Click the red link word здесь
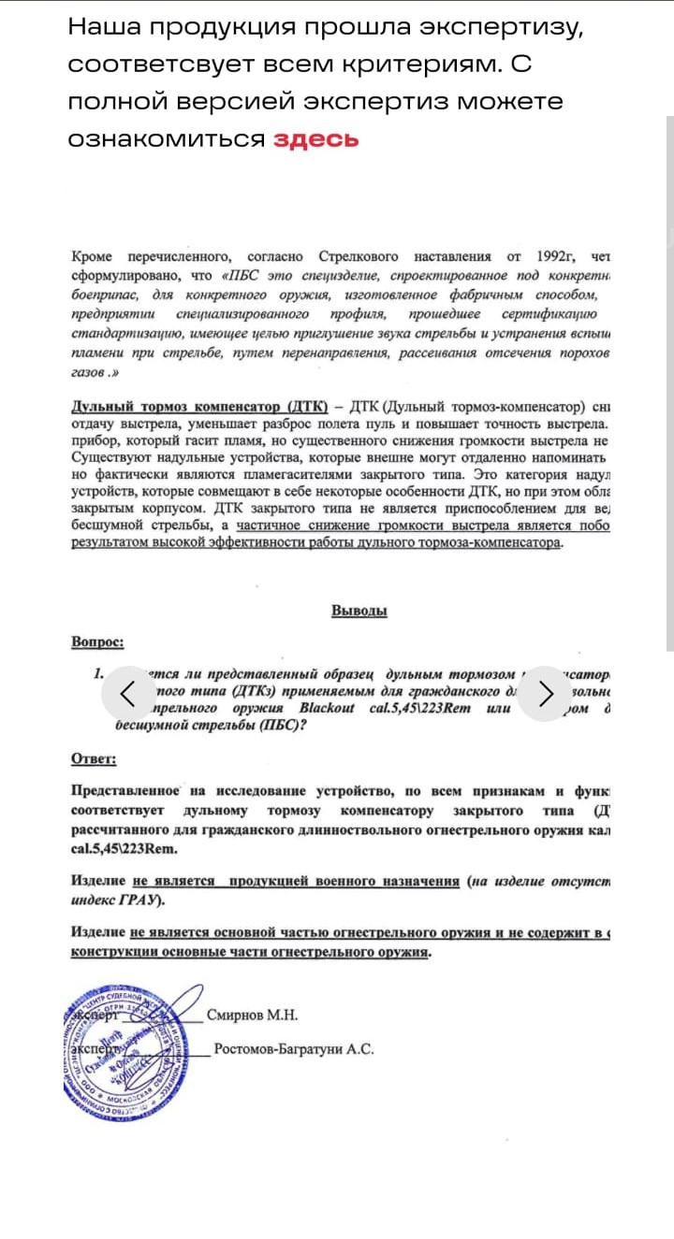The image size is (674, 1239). pos(315,139)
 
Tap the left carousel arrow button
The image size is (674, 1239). pos(129,693)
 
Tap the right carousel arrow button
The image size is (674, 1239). pos(547,693)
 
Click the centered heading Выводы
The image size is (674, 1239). pos(359,611)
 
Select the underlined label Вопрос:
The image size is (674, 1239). pos(97,642)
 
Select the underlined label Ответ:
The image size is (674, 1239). pos(94,758)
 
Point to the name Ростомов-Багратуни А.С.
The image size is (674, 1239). pos(294,1049)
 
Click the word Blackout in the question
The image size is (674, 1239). pos(327,708)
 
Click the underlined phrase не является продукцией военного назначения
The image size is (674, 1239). pos(296,882)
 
